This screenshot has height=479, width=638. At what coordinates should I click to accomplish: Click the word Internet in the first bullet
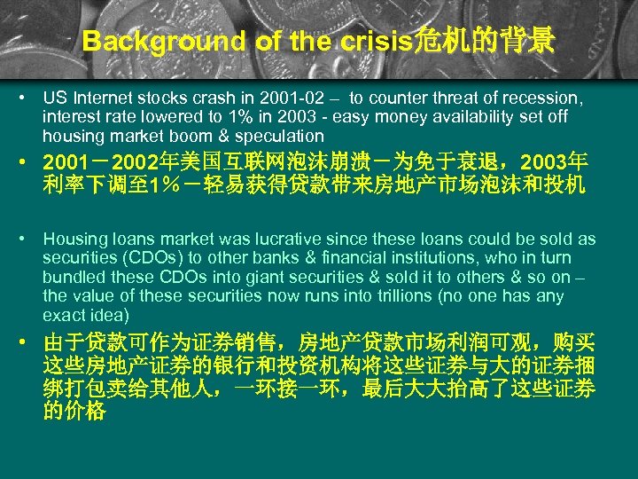[x=104, y=98]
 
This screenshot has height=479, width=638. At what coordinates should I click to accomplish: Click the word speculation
[x=281, y=137]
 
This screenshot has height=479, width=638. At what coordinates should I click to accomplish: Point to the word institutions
[x=454, y=258]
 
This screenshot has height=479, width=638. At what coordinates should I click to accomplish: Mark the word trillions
[x=400, y=297]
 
